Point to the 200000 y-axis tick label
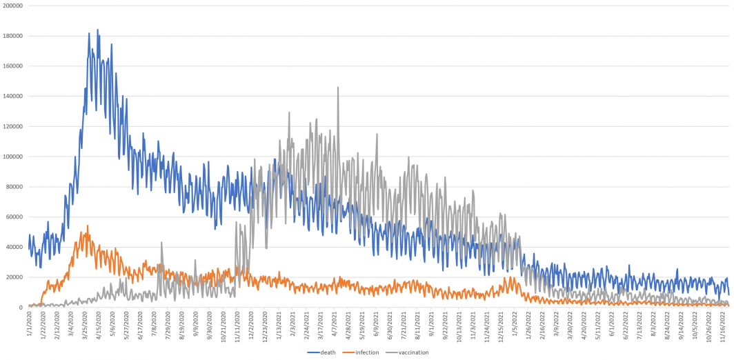pos(13,6)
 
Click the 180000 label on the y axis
pos(13,36)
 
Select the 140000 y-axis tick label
pos(13,96)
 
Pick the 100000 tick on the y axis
pos(13,157)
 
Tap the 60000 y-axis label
pos(14,217)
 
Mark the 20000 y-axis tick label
pos(14,277)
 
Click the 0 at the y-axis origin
pos(21,307)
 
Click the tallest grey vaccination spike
pos(338,88)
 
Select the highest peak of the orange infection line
pos(88,226)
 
